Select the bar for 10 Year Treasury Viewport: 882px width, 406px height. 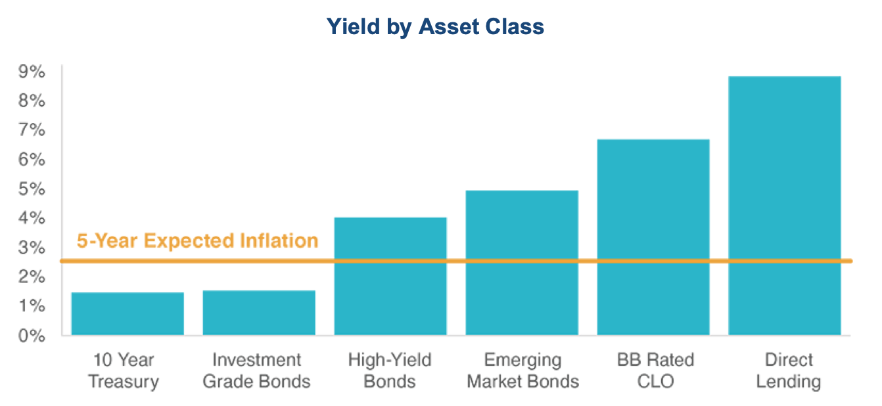pyautogui.click(x=128, y=314)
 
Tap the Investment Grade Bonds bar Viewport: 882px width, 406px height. pyautogui.click(x=259, y=313)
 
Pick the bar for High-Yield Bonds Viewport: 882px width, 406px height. pyautogui.click(x=390, y=276)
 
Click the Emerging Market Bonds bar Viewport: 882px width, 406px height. pyautogui.click(x=522, y=263)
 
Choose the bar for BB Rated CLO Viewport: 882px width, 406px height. pyautogui.click(x=653, y=237)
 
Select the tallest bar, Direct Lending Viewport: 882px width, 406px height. pyautogui.click(x=784, y=206)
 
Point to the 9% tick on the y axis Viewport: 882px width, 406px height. pyautogui.click(x=32, y=72)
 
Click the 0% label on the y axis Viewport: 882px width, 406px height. pyautogui.click(x=32, y=336)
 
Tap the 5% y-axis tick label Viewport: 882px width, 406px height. pyautogui.click(x=32, y=189)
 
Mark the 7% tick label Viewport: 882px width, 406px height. pyautogui.click(x=32, y=130)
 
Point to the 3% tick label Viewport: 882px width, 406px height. pyautogui.click(x=32, y=248)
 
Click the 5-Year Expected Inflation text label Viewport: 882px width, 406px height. pyautogui.click(x=197, y=240)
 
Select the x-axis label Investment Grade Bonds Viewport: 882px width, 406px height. pyautogui.click(x=256, y=371)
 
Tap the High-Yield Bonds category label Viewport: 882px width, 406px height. pyautogui.click(x=390, y=371)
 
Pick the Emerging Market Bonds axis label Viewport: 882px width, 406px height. pyautogui.click(x=522, y=371)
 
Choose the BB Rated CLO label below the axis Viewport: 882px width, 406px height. pyautogui.click(x=655, y=371)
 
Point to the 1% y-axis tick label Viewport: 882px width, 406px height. pyautogui.click(x=32, y=306)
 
